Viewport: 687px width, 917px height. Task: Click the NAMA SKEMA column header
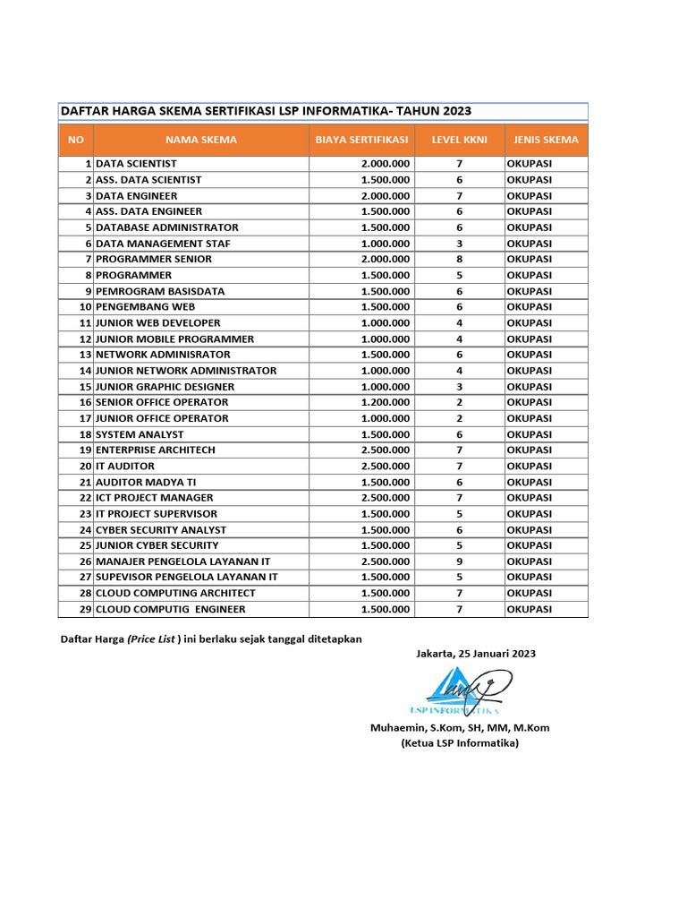click(x=201, y=140)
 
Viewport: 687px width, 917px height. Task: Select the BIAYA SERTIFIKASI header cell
click(x=361, y=140)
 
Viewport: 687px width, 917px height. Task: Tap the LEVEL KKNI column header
click(x=459, y=140)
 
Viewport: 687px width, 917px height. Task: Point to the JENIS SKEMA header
click(x=546, y=140)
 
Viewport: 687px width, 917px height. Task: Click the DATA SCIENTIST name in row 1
click(x=136, y=164)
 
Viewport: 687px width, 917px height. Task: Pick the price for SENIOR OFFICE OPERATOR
click(x=386, y=402)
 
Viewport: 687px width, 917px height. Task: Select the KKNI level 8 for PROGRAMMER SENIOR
click(x=459, y=259)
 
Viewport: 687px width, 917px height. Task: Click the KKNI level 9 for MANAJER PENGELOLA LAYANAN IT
click(x=459, y=561)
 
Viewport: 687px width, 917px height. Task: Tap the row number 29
click(x=85, y=609)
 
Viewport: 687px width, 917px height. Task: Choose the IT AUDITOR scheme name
click(x=125, y=466)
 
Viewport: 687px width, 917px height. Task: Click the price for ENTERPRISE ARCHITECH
click(x=386, y=450)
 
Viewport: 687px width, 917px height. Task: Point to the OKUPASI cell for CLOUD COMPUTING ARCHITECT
click(x=530, y=593)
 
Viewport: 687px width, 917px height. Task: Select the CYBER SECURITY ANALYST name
click(x=161, y=529)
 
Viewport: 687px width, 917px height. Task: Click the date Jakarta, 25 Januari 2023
click(x=476, y=654)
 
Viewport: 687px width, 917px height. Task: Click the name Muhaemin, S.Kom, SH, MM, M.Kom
click(x=460, y=727)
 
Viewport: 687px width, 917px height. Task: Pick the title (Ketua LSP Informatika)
click(x=460, y=742)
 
